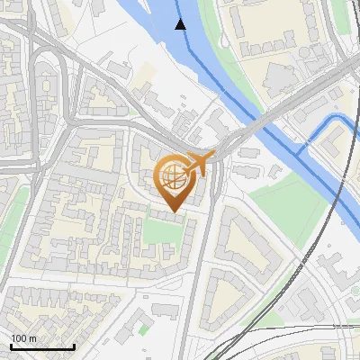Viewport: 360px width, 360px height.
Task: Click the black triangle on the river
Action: tap(181, 23)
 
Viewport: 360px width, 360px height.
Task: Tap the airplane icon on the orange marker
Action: tap(200, 163)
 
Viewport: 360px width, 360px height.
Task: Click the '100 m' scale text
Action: tap(24, 338)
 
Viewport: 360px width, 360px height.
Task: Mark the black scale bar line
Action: tap(42, 346)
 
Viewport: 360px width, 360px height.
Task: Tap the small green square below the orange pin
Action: tap(161, 231)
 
